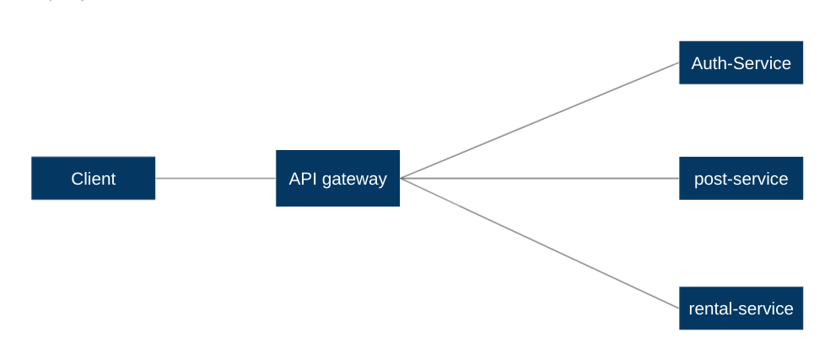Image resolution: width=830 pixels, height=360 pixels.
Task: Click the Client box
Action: [93, 178]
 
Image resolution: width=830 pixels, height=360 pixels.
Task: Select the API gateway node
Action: [337, 178]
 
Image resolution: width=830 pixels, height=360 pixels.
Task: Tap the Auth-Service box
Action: [741, 62]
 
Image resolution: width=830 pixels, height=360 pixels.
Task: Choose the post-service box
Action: [741, 178]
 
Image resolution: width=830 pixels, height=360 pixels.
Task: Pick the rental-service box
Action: [741, 308]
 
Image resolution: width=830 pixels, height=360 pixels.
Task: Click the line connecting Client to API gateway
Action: [215, 178]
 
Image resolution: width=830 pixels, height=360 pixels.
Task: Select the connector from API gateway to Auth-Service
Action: [540, 121]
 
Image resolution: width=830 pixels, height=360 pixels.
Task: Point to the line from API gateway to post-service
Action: [540, 178]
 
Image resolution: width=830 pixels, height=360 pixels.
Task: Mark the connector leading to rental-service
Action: [540, 243]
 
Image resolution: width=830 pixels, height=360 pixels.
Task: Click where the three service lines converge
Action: [402, 178]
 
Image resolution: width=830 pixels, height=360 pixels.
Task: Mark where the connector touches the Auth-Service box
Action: [679, 62]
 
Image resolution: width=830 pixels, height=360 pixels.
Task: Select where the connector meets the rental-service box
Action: [679, 307]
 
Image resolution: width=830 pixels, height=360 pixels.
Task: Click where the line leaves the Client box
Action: [156, 178]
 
